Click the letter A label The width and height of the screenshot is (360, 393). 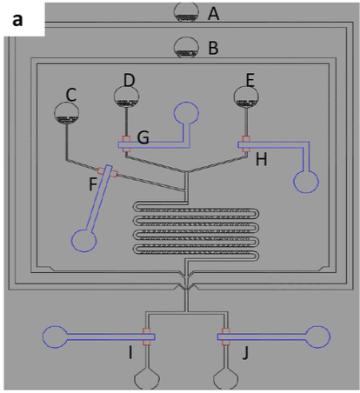pyautogui.click(x=214, y=14)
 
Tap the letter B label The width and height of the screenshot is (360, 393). pyautogui.click(x=214, y=48)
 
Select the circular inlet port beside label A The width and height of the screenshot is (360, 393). pyautogui.click(x=186, y=12)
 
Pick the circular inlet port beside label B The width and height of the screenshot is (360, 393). pyautogui.click(x=186, y=47)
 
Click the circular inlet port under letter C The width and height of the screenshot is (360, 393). pyautogui.click(x=66, y=113)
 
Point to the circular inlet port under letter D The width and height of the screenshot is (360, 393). pyautogui.click(x=126, y=97)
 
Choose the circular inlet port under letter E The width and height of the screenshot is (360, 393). pyautogui.click(x=246, y=97)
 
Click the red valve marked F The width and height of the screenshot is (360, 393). pyautogui.click(x=108, y=172)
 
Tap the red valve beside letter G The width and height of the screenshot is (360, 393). pyautogui.click(x=126, y=143)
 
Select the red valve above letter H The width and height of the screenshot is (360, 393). pyautogui.click(x=246, y=143)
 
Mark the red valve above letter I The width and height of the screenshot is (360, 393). pyautogui.click(x=147, y=336)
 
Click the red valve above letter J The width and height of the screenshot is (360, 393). pyautogui.click(x=226, y=336)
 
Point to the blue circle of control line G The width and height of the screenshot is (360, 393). pyautogui.click(x=186, y=113)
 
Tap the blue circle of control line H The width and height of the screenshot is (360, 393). pyautogui.click(x=306, y=182)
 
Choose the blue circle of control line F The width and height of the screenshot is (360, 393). pyautogui.click(x=83, y=241)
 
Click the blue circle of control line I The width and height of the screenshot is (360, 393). pyautogui.click(x=55, y=336)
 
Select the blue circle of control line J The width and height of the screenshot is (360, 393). pyautogui.click(x=318, y=336)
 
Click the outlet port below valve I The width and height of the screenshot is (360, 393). pyautogui.click(x=147, y=378)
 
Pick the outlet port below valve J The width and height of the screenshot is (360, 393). pyautogui.click(x=226, y=378)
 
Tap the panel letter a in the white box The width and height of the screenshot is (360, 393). pyautogui.click(x=17, y=20)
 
